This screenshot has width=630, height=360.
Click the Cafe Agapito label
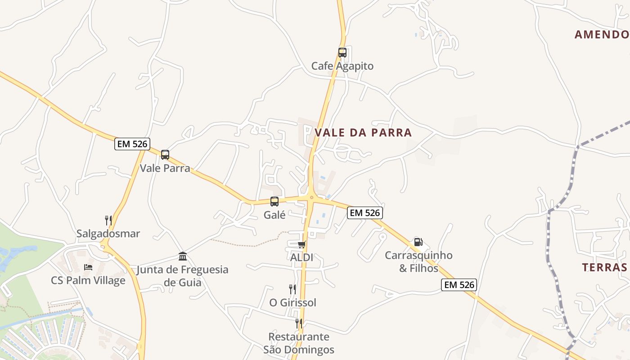(342, 66)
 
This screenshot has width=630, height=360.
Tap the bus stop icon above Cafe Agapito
(342, 53)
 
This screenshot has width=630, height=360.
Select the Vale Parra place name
(165, 168)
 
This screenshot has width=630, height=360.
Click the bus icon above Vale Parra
(165, 155)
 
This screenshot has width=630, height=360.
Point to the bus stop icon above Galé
(274, 202)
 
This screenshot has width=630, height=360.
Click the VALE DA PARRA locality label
(363, 132)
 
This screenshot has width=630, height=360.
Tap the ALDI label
(301, 258)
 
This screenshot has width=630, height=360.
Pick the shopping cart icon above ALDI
(301, 244)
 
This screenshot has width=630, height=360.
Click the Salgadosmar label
(108, 234)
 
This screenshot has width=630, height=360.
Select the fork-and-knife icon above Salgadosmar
(108, 220)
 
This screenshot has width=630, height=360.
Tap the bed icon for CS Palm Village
(88, 267)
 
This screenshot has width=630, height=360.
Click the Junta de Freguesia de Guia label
(183, 276)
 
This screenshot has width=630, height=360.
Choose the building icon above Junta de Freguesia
(183, 256)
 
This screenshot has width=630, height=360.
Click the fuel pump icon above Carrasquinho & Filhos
(418, 242)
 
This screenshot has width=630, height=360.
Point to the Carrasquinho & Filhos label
(418, 261)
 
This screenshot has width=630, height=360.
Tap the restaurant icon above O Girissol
(292, 289)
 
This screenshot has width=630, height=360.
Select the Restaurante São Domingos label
(299, 343)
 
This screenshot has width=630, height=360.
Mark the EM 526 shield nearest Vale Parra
(132, 144)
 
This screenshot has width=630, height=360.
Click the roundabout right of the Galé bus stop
(311, 197)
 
